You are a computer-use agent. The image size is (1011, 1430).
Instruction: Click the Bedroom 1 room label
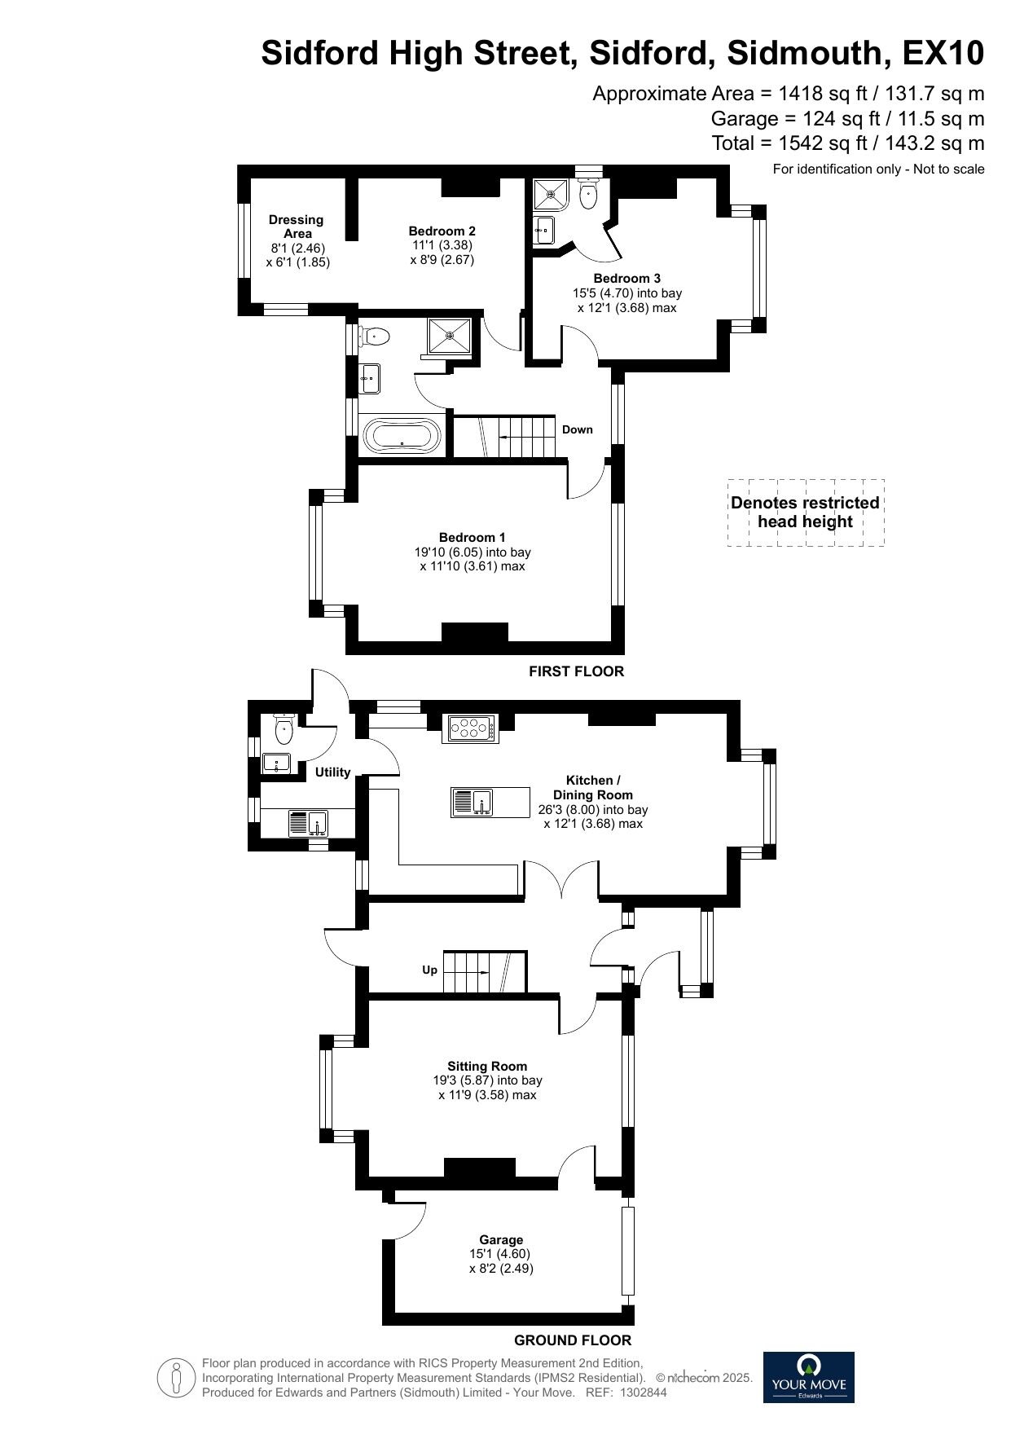pos(472,538)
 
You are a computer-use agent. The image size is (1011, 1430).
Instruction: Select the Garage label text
pos(501,1240)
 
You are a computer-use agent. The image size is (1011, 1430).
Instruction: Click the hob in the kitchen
pos(469,728)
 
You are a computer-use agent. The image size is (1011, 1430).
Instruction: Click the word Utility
pos(332,772)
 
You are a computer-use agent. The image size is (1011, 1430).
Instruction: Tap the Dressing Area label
pos(297,227)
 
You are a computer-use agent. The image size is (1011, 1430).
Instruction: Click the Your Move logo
pos(808,1377)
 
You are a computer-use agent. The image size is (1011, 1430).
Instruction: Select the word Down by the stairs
pos(578,429)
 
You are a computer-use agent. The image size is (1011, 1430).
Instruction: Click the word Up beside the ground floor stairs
pos(429,970)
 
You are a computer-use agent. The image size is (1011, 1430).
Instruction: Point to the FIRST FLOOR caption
pos(576,671)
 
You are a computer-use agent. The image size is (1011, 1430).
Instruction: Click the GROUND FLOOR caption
pos(573,1340)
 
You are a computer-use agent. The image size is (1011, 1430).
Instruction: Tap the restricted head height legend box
pos(806,513)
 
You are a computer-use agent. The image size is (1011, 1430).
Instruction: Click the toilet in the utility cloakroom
pos(283,729)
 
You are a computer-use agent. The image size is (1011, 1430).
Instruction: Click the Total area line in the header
pos(848,143)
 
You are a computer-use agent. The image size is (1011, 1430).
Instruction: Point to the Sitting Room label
pos(487,1066)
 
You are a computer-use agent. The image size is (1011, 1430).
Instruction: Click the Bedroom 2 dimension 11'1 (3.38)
pos(442,245)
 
